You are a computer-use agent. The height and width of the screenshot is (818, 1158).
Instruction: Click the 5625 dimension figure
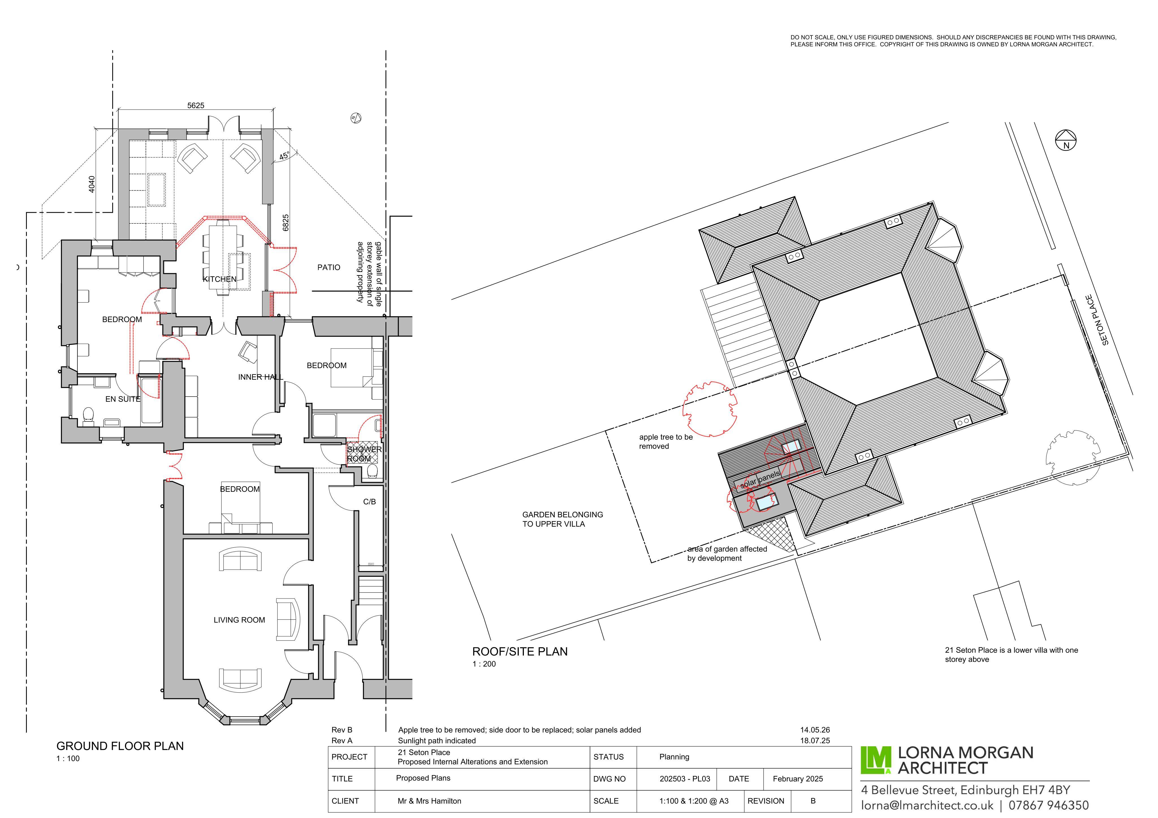click(196, 105)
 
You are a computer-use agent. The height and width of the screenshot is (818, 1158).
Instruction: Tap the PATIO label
click(329, 267)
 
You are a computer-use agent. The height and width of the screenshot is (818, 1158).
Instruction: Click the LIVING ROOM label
click(239, 620)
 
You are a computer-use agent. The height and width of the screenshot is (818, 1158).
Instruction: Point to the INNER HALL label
click(261, 377)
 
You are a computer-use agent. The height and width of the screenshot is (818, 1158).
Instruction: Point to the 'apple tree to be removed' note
click(666, 441)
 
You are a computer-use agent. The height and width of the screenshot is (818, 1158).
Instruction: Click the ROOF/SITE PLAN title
click(520, 652)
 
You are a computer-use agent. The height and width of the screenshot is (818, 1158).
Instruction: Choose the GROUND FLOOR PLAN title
click(120, 746)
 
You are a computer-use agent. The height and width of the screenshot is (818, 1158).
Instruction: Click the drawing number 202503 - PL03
click(684, 779)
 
